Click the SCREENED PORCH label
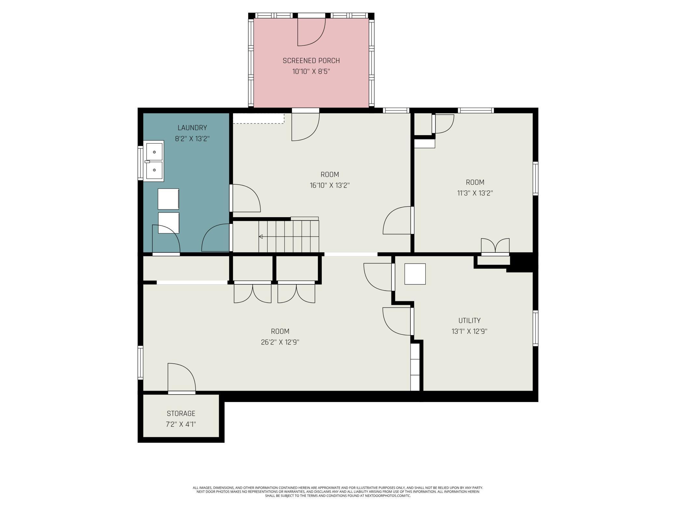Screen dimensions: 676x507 (x=311, y=61)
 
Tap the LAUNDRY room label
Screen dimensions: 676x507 (x=192, y=128)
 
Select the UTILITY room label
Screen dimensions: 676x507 (x=469, y=320)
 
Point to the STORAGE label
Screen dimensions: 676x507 (x=181, y=413)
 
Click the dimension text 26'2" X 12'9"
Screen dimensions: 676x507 (x=280, y=342)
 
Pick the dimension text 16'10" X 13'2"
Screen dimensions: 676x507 (x=330, y=185)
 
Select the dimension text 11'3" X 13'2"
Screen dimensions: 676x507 (x=475, y=193)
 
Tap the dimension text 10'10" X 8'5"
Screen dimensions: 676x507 (x=311, y=71)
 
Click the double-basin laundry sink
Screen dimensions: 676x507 (x=153, y=161)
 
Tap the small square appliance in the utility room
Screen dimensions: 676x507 (x=415, y=274)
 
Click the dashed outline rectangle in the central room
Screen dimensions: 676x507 (x=259, y=118)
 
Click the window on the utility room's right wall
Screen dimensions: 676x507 (x=535, y=328)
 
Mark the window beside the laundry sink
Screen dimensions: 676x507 (x=140, y=163)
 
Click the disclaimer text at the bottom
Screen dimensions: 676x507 (x=338, y=492)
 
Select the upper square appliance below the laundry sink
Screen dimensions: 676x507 (x=168, y=199)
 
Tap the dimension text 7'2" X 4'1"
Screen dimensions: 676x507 (x=181, y=424)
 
